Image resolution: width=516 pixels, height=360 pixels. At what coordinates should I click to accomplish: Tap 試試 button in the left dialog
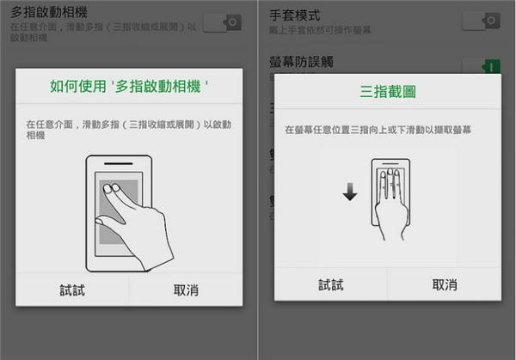click(x=71, y=290)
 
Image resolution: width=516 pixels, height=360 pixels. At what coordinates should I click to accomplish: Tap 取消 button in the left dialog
click(x=186, y=290)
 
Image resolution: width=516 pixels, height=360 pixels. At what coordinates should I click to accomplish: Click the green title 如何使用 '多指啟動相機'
click(x=129, y=87)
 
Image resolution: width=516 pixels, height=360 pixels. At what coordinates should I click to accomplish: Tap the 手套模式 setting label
click(x=295, y=15)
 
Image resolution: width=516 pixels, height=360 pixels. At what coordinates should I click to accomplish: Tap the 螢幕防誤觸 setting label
click(x=302, y=61)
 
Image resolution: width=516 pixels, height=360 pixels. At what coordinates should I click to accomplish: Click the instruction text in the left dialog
click(x=129, y=130)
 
